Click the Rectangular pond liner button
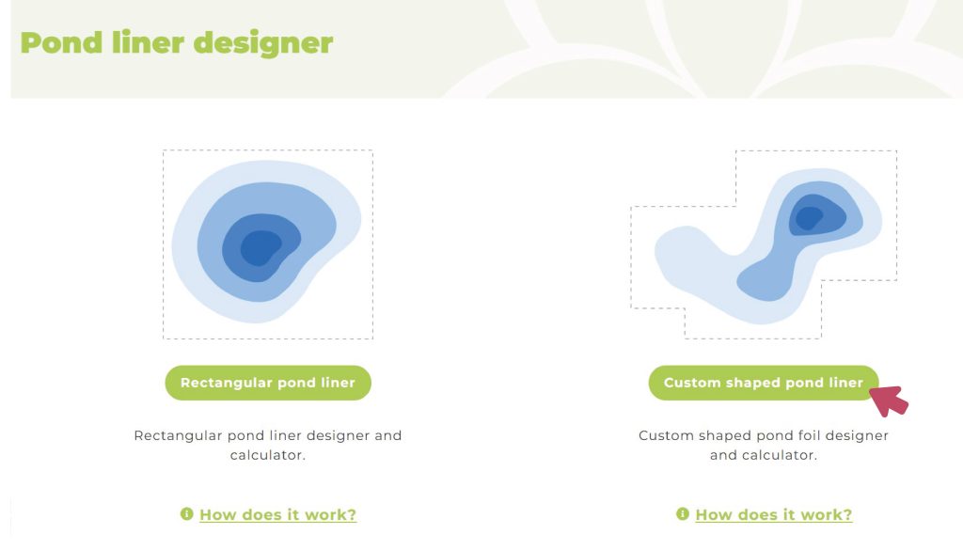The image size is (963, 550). point(268,383)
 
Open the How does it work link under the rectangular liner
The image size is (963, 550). point(277,514)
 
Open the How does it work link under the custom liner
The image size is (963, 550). point(774,514)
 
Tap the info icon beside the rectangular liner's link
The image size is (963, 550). point(187,513)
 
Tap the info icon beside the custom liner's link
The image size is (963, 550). point(683,513)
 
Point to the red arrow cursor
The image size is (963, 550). point(890,401)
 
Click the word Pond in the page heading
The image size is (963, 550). point(61,43)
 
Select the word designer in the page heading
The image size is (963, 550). point(263,44)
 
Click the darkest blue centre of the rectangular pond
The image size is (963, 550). point(260,247)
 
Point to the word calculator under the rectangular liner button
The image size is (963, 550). point(268,455)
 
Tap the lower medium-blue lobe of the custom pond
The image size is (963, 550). point(766,280)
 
